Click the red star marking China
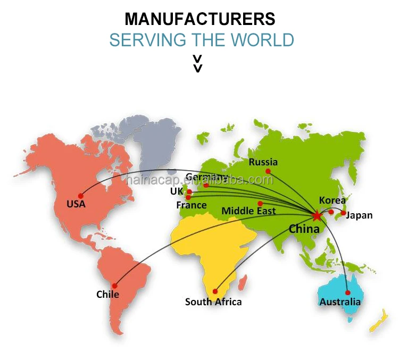317,215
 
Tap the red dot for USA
81,195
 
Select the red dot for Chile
114,286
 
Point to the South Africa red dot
215,291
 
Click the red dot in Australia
347,292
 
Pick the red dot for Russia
268,171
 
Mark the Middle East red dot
260,203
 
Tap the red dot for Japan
343,213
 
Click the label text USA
76,204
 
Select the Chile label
107,294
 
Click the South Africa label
213,302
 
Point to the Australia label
340,302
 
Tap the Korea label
332,200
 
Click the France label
192,205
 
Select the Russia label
263,162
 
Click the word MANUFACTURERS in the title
200,19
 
